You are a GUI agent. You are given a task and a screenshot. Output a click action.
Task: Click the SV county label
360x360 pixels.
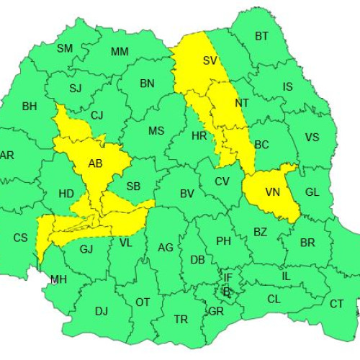pos(210,60)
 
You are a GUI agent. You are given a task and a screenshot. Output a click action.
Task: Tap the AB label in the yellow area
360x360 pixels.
pos(95,163)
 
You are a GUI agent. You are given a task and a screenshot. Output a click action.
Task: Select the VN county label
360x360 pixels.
pos(273,192)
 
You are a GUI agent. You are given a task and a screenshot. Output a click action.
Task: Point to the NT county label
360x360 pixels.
pos(242,103)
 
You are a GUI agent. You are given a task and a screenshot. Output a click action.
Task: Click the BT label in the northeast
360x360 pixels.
pos(261,36)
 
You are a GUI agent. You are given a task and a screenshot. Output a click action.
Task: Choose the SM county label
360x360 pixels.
pos(65,49)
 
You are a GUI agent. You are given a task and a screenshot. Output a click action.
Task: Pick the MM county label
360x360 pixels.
pos(120,52)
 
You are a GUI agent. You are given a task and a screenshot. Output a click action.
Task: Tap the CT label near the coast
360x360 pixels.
pos(337,304)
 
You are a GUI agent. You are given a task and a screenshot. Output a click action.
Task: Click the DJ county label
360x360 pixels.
pos(101,311)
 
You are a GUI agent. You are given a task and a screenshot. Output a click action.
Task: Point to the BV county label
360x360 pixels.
pos(187,194)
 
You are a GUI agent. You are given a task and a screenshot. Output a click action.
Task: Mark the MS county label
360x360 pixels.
pos(156,131)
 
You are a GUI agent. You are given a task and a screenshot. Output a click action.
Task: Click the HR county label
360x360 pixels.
pos(199,135)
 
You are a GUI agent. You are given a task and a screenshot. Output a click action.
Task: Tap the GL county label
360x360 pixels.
pos(312,192)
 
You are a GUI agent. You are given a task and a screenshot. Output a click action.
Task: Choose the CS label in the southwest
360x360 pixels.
pos(21,238)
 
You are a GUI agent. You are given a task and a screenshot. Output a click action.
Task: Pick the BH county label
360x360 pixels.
pos(29,107)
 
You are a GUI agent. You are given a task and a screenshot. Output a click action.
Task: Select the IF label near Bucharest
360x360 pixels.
pos(228,277)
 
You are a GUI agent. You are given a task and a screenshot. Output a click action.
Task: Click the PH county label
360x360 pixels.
pos(223,241)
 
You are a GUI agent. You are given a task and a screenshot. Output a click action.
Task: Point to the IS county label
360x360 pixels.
pos(287,87)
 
